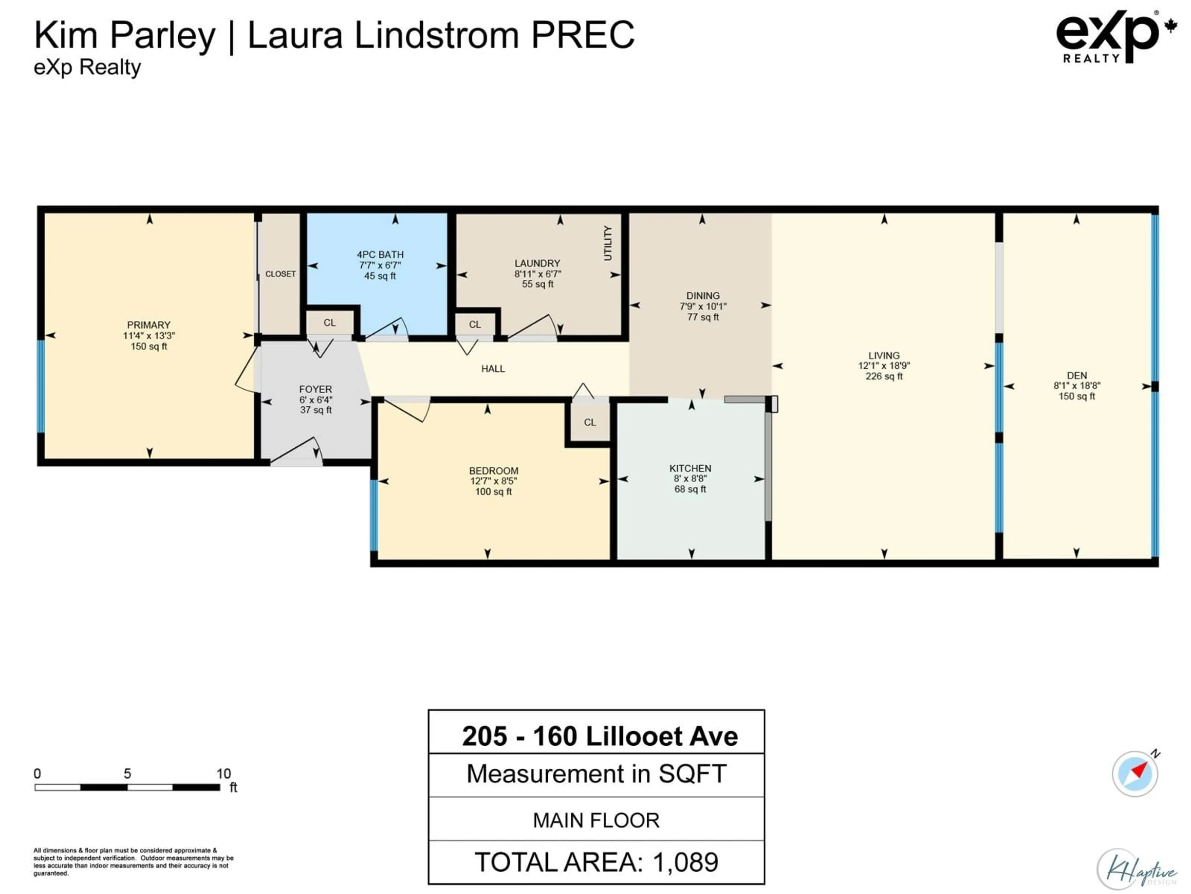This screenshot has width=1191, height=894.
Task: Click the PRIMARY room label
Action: tap(149, 325)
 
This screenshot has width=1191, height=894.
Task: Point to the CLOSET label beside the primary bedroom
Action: tap(280, 274)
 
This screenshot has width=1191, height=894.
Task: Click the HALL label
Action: tap(493, 368)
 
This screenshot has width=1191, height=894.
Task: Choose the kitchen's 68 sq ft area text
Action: tap(690, 489)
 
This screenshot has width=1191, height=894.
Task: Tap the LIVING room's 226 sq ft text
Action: tap(884, 376)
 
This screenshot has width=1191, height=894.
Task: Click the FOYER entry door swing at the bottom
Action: tap(299, 452)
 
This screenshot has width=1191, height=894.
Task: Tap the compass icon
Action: tap(1135, 774)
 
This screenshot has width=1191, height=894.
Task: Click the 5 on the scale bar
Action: tap(127, 774)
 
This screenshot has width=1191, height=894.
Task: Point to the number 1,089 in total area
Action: tap(685, 862)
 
